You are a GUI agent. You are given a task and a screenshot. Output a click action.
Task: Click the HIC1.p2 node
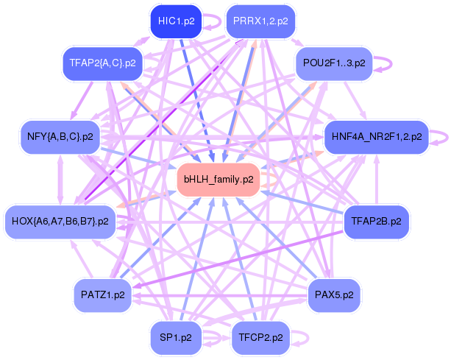click(176, 21)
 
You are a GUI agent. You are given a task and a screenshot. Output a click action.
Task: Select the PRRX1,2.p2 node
click(260, 21)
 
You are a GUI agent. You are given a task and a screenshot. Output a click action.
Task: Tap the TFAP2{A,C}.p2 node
click(103, 63)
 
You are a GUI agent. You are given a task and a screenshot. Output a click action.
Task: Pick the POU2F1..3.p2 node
click(334, 63)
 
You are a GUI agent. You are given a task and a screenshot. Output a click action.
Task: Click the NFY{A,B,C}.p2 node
click(60, 137)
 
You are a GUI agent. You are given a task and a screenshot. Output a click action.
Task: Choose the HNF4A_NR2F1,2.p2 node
click(377, 137)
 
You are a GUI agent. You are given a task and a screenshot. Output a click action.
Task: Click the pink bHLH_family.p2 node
click(219, 180)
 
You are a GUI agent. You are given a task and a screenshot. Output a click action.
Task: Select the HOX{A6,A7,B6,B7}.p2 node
click(60, 222)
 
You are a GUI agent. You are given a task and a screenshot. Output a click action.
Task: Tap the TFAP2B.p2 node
click(376, 222)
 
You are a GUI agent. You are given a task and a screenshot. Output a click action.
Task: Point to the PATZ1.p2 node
click(103, 295)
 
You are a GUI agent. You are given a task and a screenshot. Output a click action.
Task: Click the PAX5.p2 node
click(334, 295)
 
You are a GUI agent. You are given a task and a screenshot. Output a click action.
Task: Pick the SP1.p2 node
click(176, 338)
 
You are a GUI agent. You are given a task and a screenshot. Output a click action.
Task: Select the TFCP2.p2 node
click(260, 338)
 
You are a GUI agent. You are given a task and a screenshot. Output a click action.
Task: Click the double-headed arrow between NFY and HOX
click(60, 180)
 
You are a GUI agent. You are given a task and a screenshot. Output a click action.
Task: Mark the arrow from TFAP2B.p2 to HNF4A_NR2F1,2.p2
click(377, 180)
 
